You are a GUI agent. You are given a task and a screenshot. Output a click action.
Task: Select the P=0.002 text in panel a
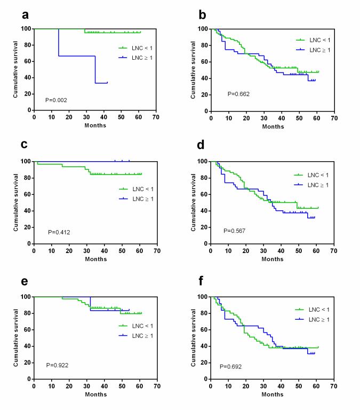click(x=57, y=100)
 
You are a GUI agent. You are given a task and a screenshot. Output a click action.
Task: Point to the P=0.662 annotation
click(x=239, y=94)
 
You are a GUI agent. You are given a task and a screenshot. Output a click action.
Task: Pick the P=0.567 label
click(x=235, y=231)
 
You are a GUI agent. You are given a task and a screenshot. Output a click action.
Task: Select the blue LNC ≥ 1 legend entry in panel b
click(x=314, y=49)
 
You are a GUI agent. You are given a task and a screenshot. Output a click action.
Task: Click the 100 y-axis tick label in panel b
click(x=202, y=29)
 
